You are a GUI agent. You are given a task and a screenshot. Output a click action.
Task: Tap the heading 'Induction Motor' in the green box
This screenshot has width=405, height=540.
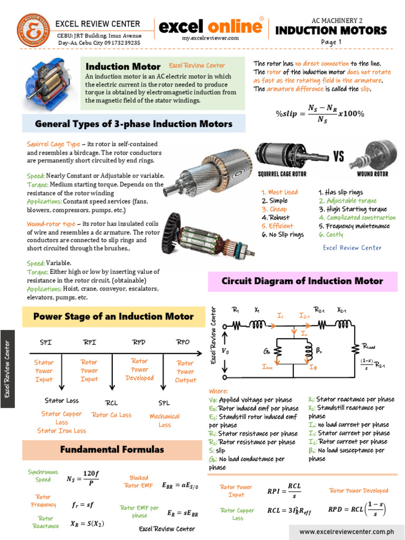(123, 66)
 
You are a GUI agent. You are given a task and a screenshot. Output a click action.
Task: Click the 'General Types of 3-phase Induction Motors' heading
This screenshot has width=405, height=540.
(133, 124)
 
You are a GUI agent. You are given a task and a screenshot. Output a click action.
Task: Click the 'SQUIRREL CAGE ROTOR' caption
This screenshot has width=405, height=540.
(282, 173)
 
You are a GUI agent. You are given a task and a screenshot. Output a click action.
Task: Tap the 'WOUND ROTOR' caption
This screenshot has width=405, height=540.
(372, 173)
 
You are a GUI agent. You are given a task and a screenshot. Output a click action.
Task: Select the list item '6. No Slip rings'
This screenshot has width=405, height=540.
(283, 235)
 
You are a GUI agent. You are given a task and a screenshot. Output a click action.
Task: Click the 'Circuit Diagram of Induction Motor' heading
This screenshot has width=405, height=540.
(302, 281)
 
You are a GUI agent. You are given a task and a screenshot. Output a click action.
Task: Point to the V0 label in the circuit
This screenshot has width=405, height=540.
(226, 351)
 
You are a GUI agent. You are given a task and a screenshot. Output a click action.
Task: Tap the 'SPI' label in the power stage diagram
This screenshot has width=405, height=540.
(46, 342)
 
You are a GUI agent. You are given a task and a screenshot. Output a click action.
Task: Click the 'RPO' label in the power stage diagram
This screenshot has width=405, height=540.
(182, 342)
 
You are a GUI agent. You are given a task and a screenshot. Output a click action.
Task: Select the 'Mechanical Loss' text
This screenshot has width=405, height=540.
(165, 420)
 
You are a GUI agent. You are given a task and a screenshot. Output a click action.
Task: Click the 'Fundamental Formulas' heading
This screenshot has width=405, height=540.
(112, 450)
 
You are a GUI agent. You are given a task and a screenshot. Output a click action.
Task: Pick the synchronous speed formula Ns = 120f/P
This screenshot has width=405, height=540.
(82, 479)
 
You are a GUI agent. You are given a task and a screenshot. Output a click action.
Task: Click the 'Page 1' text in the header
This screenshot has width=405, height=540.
(331, 42)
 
